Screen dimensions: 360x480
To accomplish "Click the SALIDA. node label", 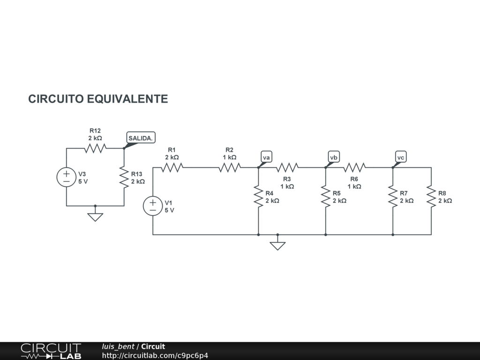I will click(x=141, y=138).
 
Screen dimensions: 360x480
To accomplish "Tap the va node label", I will click(x=266, y=157).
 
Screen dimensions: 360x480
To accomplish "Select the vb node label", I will click(x=333, y=157).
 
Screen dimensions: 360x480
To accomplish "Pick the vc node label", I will click(x=401, y=157).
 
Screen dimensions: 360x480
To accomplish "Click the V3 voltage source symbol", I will click(x=67, y=177).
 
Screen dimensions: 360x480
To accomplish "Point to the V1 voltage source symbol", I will click(x=153, y=206).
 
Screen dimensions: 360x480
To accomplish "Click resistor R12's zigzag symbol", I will click(x=95, y=148).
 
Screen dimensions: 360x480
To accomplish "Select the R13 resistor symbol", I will click(x=124, y=177).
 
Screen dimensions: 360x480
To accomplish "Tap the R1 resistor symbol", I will click(x=172, y=167).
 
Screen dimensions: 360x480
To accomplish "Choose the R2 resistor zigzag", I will click(x=230, y=167).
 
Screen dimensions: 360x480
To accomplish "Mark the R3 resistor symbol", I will click(x=287, y=167).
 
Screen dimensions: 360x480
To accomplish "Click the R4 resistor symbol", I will click(x=258, y=196).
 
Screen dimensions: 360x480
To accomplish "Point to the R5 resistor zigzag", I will click(x=326, y=196).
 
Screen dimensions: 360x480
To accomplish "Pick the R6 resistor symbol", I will click(x=354, y=167).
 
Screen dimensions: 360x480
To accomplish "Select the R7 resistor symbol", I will click(x=393, y=196).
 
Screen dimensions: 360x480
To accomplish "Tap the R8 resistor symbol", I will click(x=431, y=196).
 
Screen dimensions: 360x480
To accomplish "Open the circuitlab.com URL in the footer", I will click(x=155, y=355).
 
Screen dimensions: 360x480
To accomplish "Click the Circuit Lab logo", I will click(x=51, y=351).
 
